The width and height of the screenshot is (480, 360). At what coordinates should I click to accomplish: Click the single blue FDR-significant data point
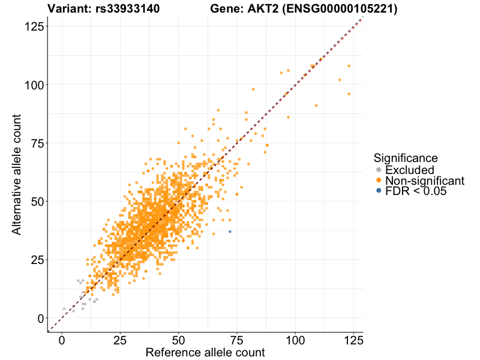pyautogui.click(x=230, y=232)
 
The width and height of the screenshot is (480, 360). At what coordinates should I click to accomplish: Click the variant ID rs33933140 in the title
pyautogui.click(x=127, y=9)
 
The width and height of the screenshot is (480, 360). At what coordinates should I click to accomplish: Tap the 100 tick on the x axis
pyautogui.click(x=295, y=339)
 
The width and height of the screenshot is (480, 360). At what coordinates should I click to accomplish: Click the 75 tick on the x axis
pyautogui.click(x=236, y=339)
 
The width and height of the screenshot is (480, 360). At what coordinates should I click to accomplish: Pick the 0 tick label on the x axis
pyautogui.click(x=62, y=339)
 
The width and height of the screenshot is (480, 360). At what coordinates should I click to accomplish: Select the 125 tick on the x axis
pyautogui.click(x=353, y=339)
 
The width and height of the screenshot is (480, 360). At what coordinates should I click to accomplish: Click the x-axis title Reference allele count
pyautogui.click(x=205, y=352)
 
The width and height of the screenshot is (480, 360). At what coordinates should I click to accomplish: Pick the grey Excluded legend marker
pyautogui.click(x=378, y=170)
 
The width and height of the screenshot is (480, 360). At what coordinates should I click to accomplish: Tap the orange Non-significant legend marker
pyautogui.click(x=378, y=181)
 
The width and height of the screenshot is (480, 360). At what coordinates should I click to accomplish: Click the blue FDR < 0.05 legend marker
pyautogui.click(x=378, y=191)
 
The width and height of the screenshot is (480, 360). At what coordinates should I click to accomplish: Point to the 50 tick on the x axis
pyautogui.click(x=178, y=339)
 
